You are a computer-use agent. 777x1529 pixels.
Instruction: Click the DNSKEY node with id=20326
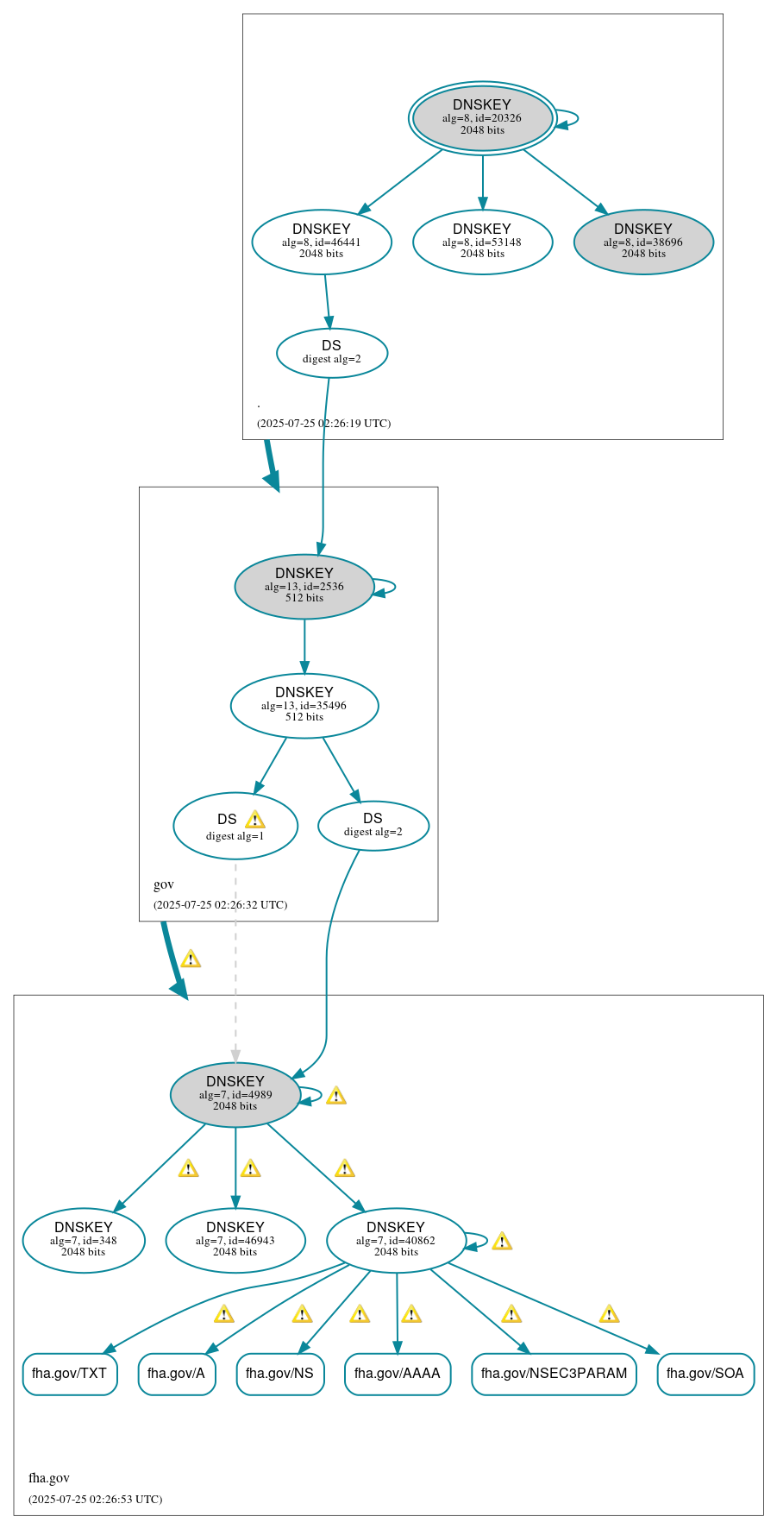pyautogui.click(x=482, y=118)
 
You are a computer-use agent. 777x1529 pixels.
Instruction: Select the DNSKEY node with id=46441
pyautogui.click(x=322, y=242)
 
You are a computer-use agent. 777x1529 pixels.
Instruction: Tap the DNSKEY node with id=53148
pyautogui.click(x=482, y=242)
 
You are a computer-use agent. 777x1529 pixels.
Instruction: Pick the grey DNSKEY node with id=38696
pyautogui.click(x=643, y=242)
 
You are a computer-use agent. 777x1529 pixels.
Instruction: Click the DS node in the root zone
pyautogui.click(x=332, y=353)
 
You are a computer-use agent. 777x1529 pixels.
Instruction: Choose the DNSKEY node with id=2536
pyautogui.click(x=304, y=587)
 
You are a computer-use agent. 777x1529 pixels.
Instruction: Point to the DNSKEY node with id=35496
pyautogui.click(x=304, y=706)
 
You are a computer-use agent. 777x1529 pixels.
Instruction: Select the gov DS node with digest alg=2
pyautogui.click(x=373, y=826)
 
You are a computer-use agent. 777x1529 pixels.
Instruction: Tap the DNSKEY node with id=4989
pyautogui.click(x=235, y=1095)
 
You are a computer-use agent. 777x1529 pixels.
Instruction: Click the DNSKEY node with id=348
pyautogui.click(x=84, y=1241)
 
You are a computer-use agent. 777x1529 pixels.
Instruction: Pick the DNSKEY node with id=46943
pyautogui.click(x=235, y=1241)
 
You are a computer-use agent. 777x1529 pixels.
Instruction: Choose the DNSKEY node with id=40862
pyautogui.click(x=396, y=1241)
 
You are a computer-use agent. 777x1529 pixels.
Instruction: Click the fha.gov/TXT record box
pyautogui.click(x=70, y=1374)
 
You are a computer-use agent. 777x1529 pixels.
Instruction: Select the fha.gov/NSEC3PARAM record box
pyautogui.click(x=554, y=1374)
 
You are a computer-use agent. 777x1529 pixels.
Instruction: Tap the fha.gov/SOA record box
pyautogui.click(x=705, y=1374)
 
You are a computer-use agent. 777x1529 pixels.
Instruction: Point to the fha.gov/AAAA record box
pyautogui.click(x=398, y=1374)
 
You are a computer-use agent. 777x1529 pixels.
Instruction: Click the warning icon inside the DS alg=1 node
pyautogui.click(x=254, y=820)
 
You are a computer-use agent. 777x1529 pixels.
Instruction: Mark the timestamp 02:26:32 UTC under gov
pyautogui.click(x=220, y=905)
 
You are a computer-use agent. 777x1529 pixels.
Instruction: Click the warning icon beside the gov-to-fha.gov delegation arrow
pyautogui.click(x=191, y=959)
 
